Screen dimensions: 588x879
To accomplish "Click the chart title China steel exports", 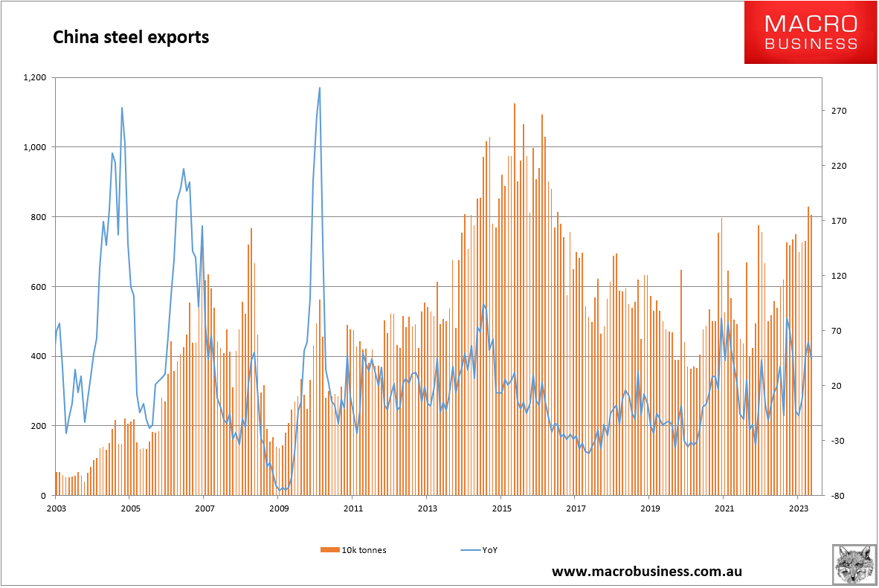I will (130, 37).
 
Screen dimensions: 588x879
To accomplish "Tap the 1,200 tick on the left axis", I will (34, 77).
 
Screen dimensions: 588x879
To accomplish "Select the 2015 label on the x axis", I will (501, 509).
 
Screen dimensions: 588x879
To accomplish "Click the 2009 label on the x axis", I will (279, 509).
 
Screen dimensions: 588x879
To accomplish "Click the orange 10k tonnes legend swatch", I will (329, 550).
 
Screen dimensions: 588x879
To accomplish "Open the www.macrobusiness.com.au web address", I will (646, 572).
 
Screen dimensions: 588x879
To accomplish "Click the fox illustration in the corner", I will (853, 563).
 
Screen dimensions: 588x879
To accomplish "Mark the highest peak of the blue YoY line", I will (320, 88).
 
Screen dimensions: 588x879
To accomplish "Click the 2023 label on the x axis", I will (798, 509).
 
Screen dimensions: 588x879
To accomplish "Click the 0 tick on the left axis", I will (43, 496).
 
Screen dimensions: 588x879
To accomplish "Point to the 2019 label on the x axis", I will (649, 509).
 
